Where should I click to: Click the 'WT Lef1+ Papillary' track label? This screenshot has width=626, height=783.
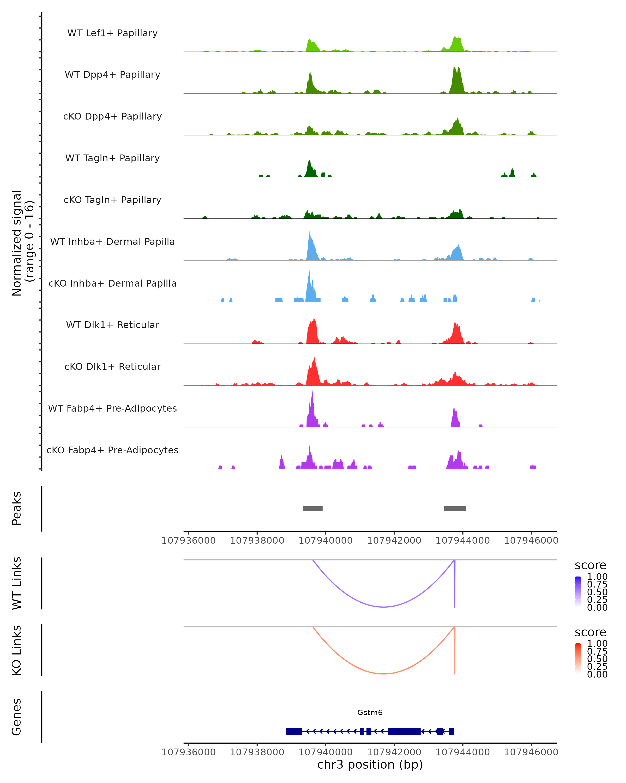tap(112, 33)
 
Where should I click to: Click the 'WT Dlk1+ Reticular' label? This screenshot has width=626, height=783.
tap(112, 325)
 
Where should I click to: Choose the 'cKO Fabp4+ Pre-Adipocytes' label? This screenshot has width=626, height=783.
tap(112, 450)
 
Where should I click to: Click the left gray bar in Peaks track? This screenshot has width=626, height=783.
tap(312, 508)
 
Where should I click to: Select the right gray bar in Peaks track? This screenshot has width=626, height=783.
tap(455, 508)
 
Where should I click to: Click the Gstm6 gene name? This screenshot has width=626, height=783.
tap(370, 713)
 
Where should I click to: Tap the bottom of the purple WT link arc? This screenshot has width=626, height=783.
tap(384, 607)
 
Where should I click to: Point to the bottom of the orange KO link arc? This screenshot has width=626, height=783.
tap(384, 674)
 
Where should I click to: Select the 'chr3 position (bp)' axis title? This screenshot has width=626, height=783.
tap(370, 764)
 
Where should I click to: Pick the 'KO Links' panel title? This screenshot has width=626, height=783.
tap(17, 650)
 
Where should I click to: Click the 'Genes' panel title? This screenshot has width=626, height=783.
tap(17, 717)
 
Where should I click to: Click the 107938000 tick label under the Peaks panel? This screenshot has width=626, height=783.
tap(257, 541)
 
